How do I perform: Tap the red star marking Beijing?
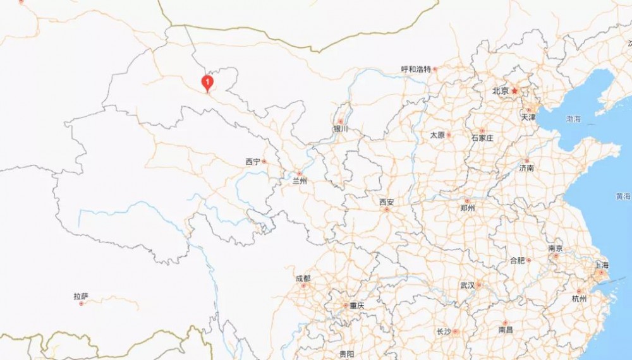pos(515,91)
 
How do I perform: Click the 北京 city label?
pos(501,91)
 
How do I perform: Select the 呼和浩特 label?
pos(416,69)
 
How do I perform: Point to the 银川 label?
pos(341,129)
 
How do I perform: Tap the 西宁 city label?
pos(253,162)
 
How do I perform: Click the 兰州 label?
pos(300,181)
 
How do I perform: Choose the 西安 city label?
pos(387,202)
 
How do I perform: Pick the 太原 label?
pos(438,135)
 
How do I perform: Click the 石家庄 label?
pos(482,138)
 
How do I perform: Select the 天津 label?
pos(528,117)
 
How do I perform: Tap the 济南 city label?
pos(526,169)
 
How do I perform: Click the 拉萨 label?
pos(80,296)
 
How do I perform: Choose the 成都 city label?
pos(303,279)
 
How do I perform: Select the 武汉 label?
pos(468,285)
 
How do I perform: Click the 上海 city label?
pos(600,265)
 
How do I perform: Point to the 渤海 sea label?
pos(574,119)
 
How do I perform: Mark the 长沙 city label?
pos(444,332)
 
